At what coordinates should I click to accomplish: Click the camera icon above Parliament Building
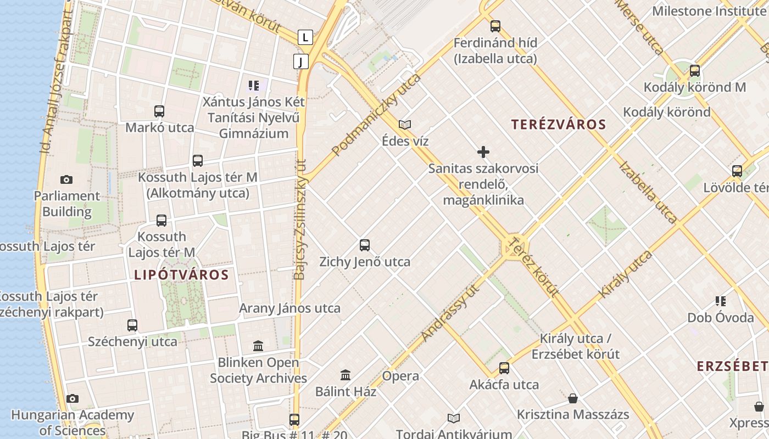pos(66,179)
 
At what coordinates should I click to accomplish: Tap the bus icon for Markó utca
pos(159,111)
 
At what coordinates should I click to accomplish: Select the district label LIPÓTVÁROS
pos(181,275)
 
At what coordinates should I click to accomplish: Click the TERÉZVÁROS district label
pos(559,125)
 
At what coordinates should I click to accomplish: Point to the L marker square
pos(305,37)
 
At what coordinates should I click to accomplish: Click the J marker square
pos(300,61)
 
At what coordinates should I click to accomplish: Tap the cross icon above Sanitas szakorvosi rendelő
pos(483,152)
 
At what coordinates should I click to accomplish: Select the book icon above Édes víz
pos(405,125)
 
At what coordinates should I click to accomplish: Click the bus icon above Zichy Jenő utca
pos(365,245)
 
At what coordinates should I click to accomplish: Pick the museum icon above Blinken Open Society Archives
pos(258,346)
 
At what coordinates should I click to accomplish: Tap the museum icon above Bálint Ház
pos(346,375)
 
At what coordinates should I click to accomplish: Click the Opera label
pos(400,376)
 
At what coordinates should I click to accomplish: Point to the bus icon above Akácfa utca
pos(504,368)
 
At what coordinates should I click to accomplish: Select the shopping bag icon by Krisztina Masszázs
pos(573,398)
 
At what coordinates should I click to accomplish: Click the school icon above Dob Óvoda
pos(721,301)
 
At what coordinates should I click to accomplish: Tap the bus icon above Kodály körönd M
pos(695,70)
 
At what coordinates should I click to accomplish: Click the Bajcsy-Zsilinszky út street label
pos(300,219)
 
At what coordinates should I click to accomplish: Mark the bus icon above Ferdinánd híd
pos(495,26)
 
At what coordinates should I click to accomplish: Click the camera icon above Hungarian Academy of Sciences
pos(72,398)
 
